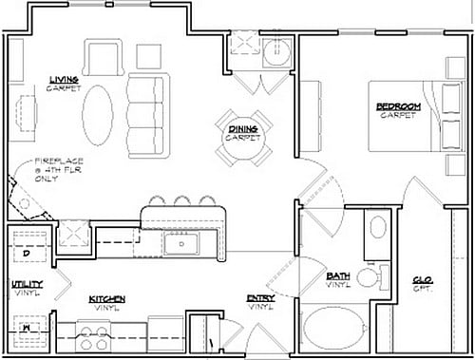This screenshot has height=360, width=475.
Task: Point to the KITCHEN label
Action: coord(107,298)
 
